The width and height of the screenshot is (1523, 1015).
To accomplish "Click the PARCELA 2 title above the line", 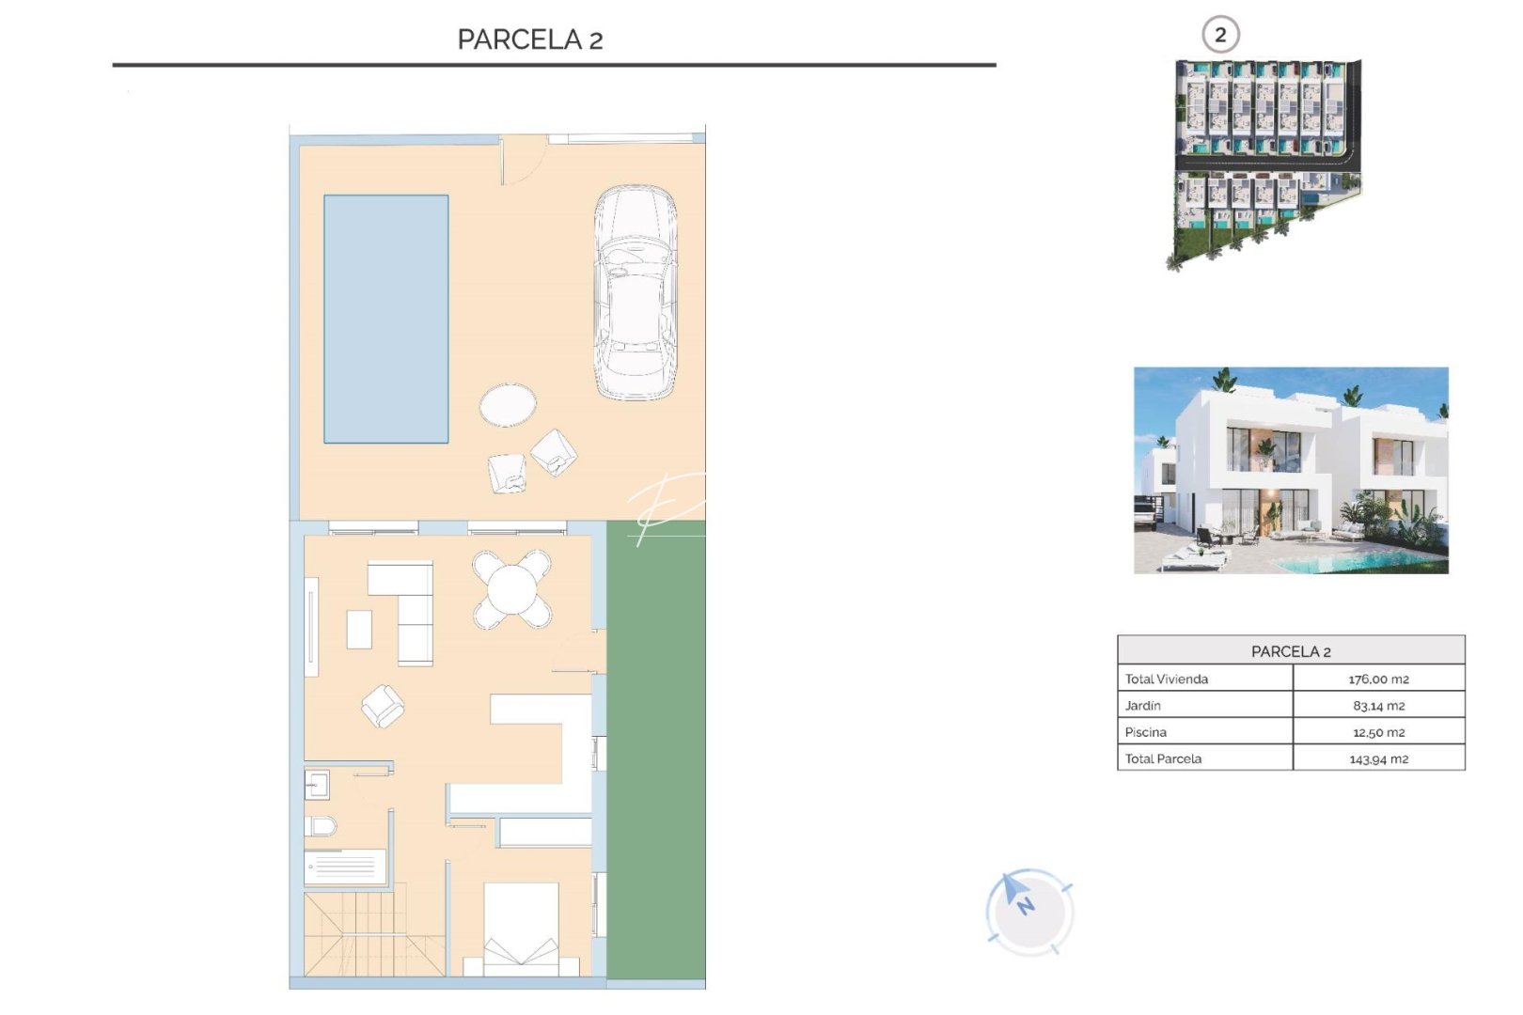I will [x=529, y=39].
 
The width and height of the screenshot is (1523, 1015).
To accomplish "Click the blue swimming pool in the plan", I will [x=385, y=319].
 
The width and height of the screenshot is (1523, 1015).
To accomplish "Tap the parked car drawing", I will [x=635, y=292].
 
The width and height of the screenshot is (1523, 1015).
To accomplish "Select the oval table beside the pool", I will [x=508, y=405].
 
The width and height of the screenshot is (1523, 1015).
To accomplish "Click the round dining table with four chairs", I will [x=511, y=589].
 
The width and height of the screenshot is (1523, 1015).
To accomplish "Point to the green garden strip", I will [x=655, y=752].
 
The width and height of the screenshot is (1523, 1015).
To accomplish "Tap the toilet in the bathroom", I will [x=322, y=826].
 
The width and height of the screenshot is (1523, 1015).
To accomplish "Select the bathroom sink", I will [x=316, y=784].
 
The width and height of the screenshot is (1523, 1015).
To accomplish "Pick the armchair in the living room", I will [x=383, y=705].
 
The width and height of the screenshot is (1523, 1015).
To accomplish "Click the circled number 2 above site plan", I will [x=1220, y=35].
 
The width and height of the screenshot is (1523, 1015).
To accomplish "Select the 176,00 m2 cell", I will [x=1378, y=679].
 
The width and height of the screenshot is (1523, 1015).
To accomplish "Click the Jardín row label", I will [x=1143, y=705].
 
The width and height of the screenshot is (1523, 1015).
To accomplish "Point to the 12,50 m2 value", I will [x=1378, y=732].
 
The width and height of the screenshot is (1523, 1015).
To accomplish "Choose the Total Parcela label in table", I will [x=1163, y=758].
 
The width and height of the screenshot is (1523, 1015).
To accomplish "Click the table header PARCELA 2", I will [x=1290, y=650].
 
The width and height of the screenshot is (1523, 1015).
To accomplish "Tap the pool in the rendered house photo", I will [x=1354, y=562].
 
